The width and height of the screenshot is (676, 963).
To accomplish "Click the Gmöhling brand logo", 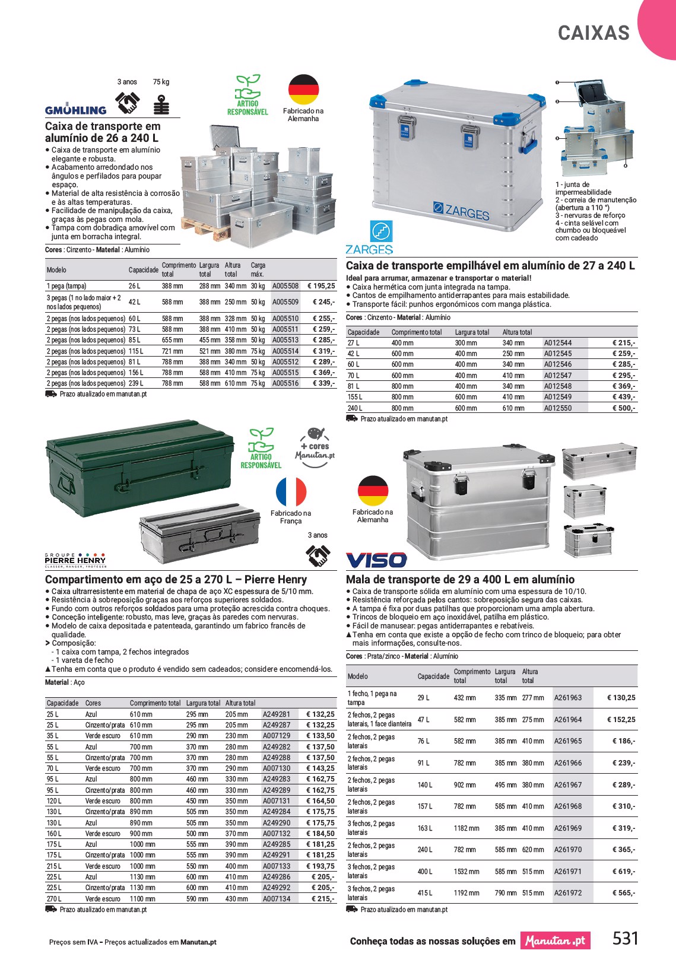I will tap(75, 109).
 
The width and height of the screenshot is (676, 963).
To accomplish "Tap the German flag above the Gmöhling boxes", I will tap(303, 90).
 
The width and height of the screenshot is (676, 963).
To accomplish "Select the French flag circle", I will tap(291, 492).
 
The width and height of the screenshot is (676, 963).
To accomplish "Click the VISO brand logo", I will tap(376, 560).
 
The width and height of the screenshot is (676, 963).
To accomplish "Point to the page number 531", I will tap(625, 939).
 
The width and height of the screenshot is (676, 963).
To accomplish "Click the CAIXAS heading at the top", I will tap(594, 33).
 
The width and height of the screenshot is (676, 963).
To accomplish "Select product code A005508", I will tap(285, 286).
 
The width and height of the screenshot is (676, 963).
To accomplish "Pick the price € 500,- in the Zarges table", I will tap(624, 408).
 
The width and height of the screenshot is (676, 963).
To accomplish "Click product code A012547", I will tap(558, 376).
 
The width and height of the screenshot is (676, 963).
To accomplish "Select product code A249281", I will tap(277, 714).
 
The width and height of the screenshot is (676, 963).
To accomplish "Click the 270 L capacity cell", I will tap(54, 899).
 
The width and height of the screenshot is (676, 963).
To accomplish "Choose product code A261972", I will tap(568, 893).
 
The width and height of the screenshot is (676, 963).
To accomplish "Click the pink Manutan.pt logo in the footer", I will tap(555, 940).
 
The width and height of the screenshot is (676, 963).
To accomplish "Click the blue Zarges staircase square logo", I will tap(382, 231).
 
